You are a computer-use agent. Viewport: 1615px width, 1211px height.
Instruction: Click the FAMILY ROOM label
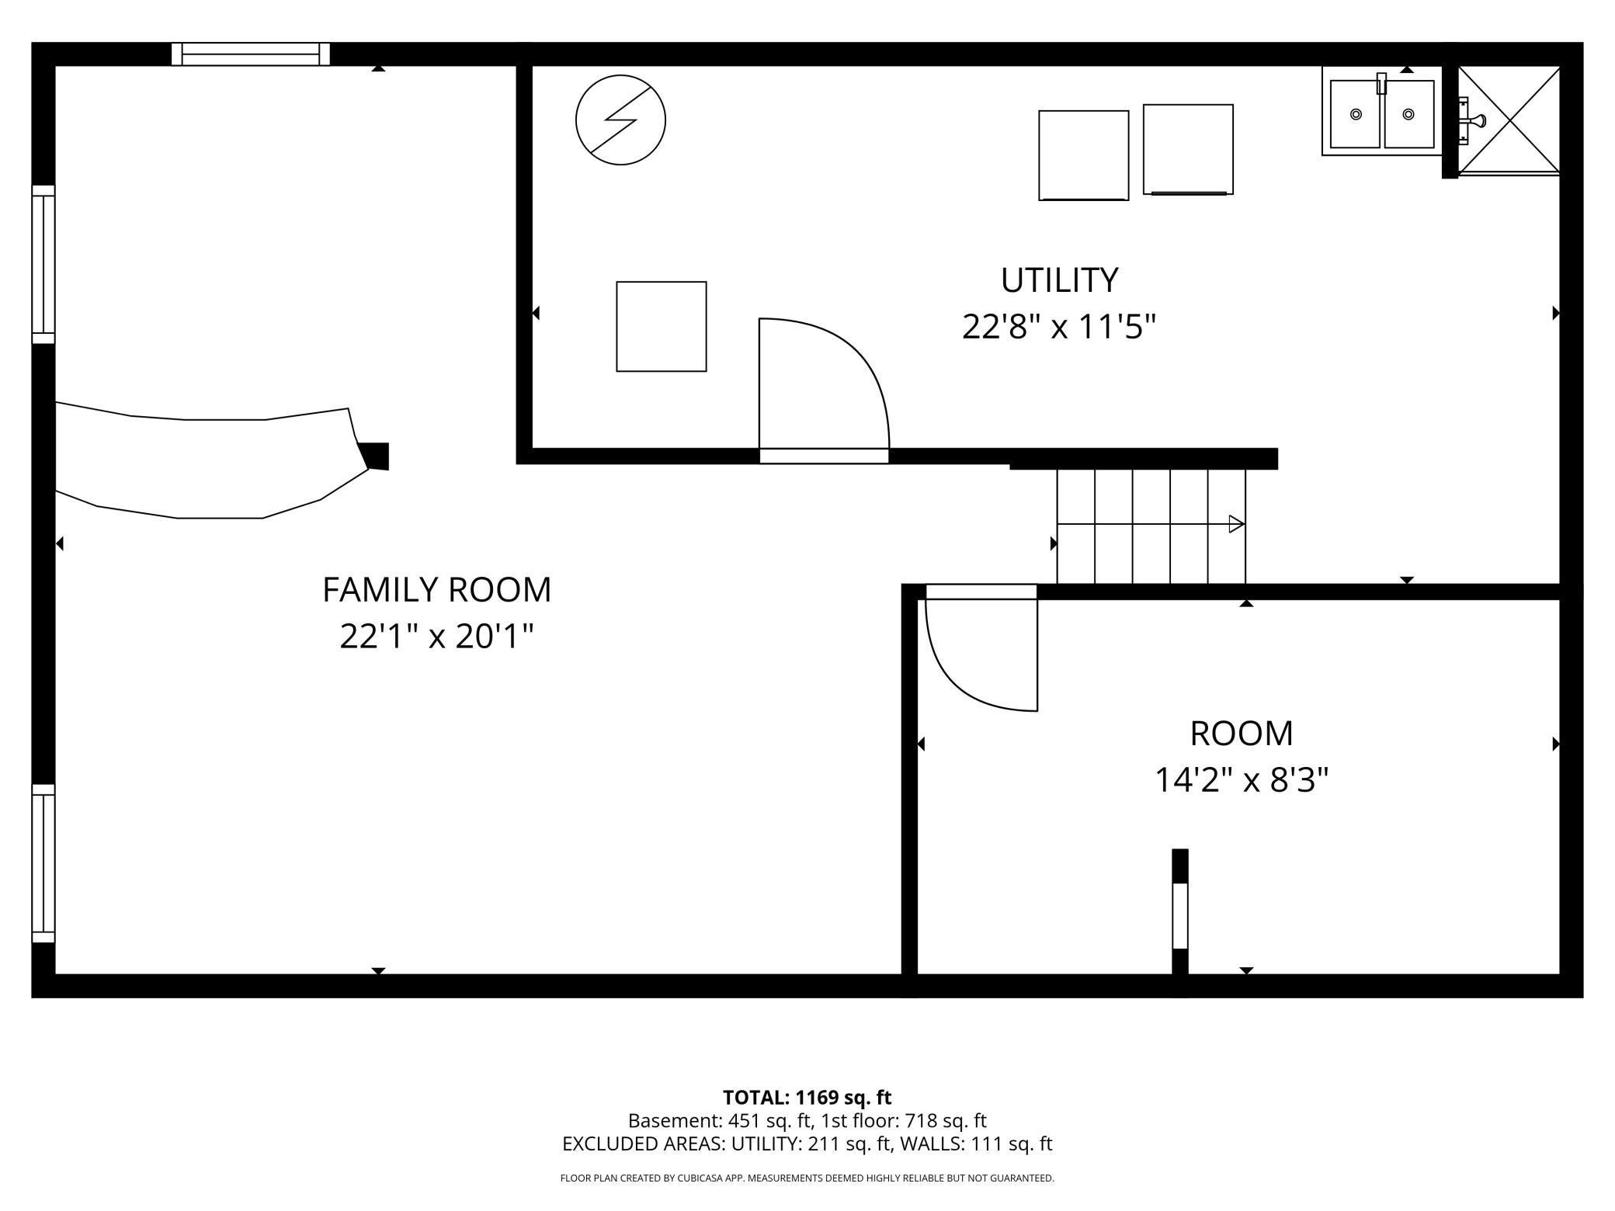coord(436,590)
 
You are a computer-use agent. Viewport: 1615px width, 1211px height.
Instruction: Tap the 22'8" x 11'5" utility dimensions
coord(1059,327)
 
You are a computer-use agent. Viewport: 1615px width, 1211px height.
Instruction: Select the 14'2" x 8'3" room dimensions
coord(1242,780)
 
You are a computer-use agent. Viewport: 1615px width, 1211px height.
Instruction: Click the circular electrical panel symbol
coord(620,120)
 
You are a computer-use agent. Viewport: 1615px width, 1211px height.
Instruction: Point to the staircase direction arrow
coord(1236,524)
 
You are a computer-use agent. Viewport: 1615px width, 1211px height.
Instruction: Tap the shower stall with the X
coord(1509,120)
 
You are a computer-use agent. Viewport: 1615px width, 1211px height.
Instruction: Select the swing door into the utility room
coord(823,388)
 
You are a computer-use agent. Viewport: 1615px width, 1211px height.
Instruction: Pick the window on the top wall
coord(251,54)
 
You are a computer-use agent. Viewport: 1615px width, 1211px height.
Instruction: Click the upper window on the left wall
coord(43,264)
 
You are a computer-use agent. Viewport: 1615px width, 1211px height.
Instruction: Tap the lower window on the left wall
coord(43,863)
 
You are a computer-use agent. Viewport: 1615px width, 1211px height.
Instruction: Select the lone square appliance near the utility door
coord(661,326)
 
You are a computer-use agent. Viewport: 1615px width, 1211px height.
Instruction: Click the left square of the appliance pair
coord(1083,155)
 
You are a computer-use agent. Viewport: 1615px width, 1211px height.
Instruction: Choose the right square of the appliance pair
coord(1188,149)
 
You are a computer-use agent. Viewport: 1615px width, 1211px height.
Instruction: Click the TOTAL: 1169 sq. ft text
coord(807,1098)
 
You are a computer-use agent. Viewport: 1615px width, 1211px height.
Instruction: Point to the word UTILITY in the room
coord(1059,280)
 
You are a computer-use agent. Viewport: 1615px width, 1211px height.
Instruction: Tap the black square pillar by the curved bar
coord(376,456)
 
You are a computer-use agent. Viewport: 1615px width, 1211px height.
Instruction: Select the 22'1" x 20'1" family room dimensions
coord(436,637)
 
